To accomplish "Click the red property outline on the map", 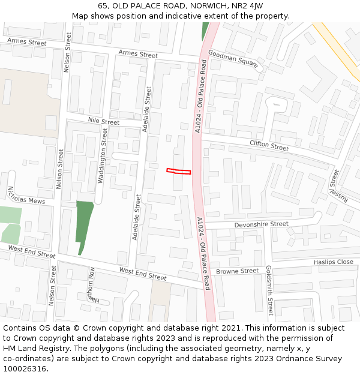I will [178, 172].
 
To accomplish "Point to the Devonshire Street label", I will [261, 224].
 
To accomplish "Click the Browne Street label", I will [238, 271].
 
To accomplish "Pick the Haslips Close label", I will [333, 262].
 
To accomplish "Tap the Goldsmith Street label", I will [269, 290].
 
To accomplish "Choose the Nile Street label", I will [104, 121].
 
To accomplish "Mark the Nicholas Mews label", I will [26, 196].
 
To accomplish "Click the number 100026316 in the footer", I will [25, 368].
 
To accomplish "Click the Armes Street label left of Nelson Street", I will [26, 42].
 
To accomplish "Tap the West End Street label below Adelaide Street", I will [142, 274].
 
